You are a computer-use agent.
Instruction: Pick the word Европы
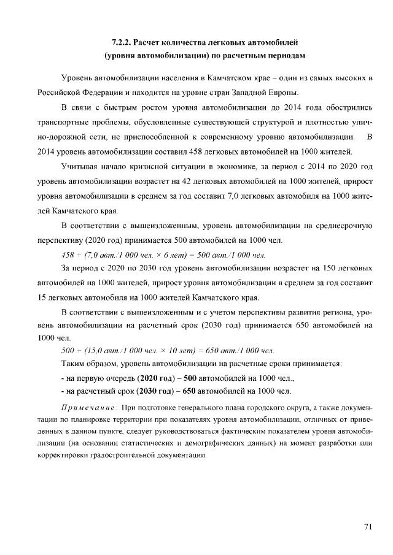tap(283, 93)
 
